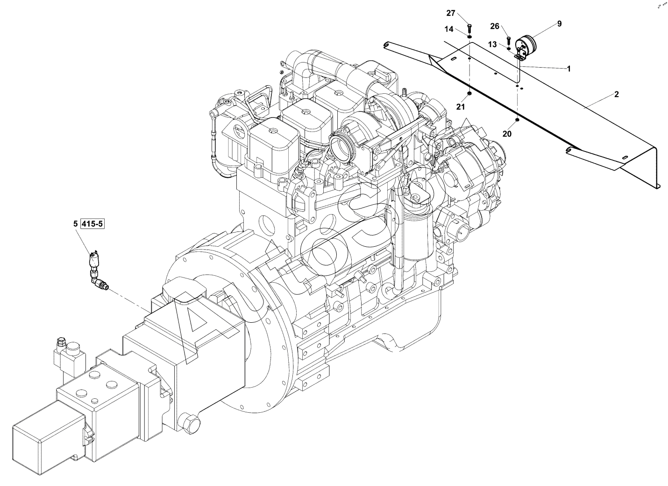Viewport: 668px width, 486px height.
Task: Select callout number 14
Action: [449, 29]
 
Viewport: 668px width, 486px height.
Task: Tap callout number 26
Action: [495, 26]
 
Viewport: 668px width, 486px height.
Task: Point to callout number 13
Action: [492, 44]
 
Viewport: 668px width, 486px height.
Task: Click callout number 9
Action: [559, 23]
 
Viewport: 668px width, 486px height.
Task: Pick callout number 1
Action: [569, 69]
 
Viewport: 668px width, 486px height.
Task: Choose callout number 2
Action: [617, 95]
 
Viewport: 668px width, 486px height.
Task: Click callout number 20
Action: [507, 134]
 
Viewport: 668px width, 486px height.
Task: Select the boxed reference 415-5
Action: [92, 224]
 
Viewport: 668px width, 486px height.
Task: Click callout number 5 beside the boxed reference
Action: [75, 224]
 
